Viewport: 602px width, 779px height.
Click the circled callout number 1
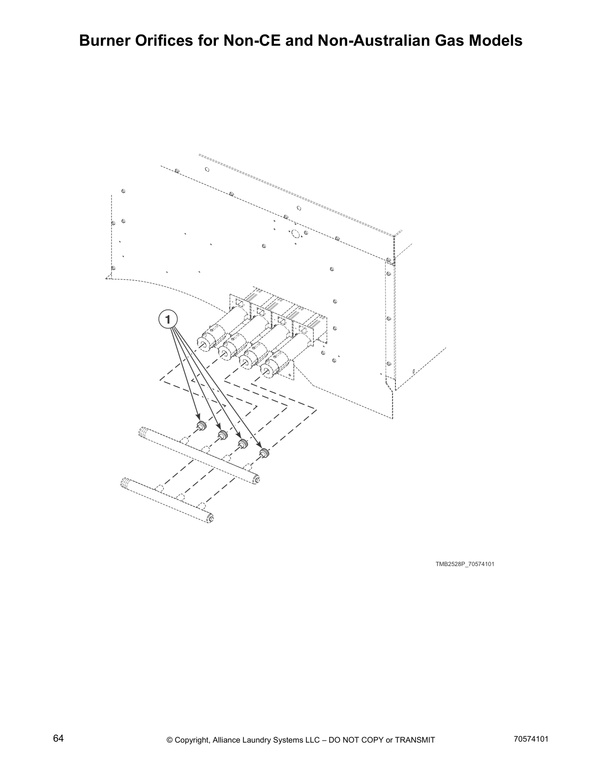pyautogui.click(x=168, y=320)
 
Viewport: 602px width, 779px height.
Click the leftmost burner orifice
pyautogui.click(x=201, y=425)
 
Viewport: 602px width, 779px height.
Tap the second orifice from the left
pyautogui.click(x=222, y=434)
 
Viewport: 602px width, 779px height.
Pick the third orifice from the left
pyautogui.click(x=242, y=444)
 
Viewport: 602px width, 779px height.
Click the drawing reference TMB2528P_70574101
pyautogui.click(x=464, y=564)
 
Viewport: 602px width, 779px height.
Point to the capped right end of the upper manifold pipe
pyautogui.click(x=255, y=479)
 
